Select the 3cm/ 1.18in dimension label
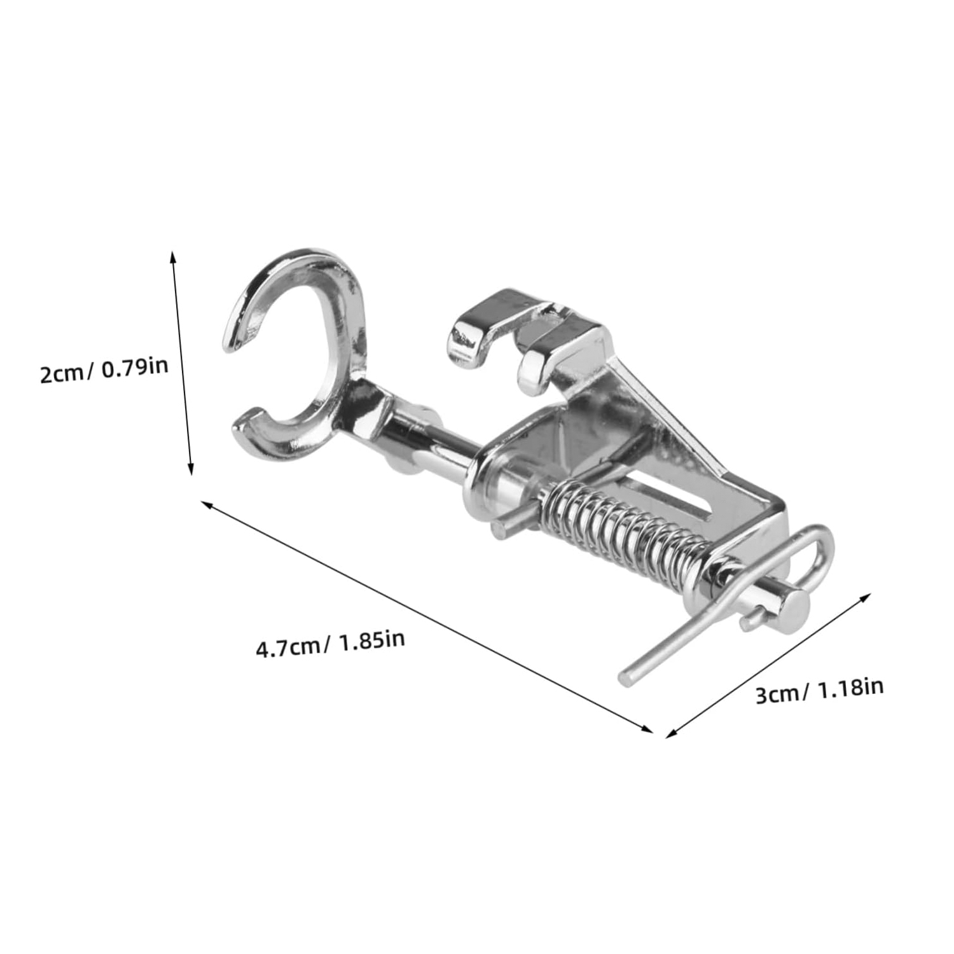click(819, 691)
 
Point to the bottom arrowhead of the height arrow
click(190, 469)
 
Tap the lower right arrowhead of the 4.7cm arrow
click(647, 729)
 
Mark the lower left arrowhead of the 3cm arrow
click(672, 733)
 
